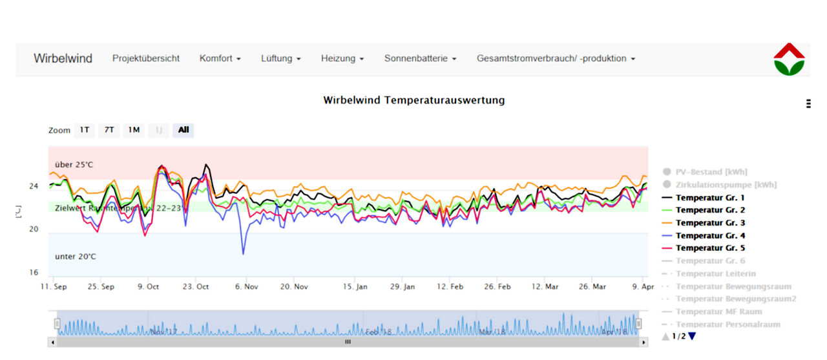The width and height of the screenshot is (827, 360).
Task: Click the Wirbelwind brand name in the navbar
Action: coord(63,59)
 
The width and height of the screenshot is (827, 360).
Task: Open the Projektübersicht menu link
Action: coord(146,59)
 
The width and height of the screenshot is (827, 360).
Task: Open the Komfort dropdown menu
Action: coord(220,59)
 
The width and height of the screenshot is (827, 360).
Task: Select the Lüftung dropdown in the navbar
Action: coord(281,59)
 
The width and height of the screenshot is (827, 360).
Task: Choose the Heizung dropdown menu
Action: coord(342,59)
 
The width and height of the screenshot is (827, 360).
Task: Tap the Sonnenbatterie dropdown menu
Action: coord(420,59)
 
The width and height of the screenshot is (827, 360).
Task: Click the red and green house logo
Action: coord(789,59)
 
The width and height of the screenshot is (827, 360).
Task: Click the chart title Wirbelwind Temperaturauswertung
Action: coord(414,100)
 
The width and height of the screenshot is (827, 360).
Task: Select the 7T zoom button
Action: coord(109,130)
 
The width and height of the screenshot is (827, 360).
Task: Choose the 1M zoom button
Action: coord(134,130)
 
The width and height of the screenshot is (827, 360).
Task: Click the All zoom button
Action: coord(183,130)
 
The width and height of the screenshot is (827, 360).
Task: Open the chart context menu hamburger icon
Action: coord(808,103)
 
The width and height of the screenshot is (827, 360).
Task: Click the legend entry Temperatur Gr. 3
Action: coord(710,223)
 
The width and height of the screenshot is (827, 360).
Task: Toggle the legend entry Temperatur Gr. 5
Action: coord(710,248)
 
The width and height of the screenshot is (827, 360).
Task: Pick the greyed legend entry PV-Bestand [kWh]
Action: coord(711,172)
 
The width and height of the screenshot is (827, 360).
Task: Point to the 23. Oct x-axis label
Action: coord(196,286)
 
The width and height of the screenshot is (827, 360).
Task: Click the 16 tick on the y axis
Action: coord(34,273)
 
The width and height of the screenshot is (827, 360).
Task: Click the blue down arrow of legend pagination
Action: coord(692,336)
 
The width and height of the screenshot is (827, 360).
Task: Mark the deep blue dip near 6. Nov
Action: coord(244,253)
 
